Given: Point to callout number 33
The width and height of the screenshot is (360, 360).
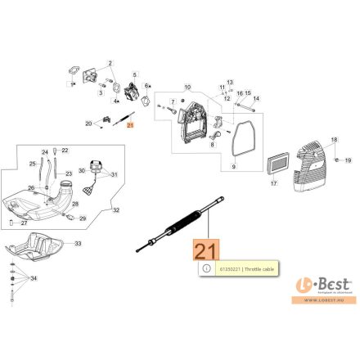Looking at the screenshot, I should click(x=78, y=244).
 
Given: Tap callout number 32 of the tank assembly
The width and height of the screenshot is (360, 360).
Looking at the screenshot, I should click(x=116, y=210).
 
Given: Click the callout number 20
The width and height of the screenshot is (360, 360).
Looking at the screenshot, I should click(x=88, y=124).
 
